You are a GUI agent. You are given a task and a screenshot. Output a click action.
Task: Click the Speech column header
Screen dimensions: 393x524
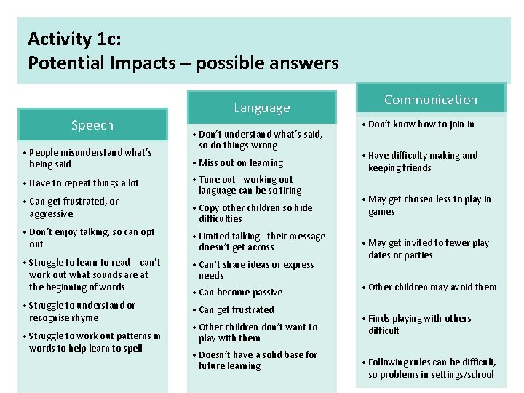[92, 125]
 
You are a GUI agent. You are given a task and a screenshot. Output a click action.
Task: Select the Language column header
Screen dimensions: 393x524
[262, 108]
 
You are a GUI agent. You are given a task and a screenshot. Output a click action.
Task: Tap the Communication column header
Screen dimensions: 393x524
[431, 100]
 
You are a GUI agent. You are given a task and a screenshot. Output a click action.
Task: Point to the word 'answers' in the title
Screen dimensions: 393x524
[304, 63]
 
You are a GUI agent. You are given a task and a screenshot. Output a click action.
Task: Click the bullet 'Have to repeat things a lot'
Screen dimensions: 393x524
[84, 183]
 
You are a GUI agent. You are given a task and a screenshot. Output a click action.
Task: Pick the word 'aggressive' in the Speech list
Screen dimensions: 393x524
[51, 214]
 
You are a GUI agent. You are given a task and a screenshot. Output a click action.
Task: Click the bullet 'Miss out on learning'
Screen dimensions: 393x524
[241, 163]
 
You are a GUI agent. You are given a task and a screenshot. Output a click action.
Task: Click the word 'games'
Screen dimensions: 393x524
[381, 212]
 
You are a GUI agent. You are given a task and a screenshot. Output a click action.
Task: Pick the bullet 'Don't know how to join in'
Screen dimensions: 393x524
[421, 124]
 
